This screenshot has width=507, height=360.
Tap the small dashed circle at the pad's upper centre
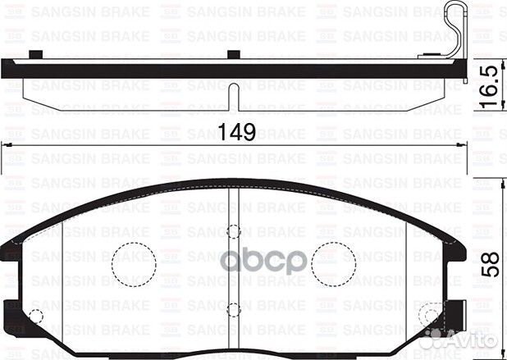click(x=234, y=232)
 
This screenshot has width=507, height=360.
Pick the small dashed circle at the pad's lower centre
click(x=234, y=310)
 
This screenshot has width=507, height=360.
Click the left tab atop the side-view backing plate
click(x=34, y=55)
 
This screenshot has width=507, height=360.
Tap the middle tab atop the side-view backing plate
click(x=233, y=55)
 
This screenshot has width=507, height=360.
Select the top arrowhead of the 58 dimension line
click(x=500, y=182)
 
